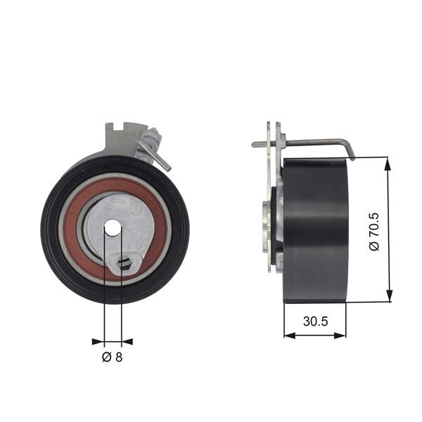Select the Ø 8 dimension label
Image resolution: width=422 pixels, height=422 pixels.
(x=113, y=358)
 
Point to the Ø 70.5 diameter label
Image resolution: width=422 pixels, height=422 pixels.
(x=375, y=229)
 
